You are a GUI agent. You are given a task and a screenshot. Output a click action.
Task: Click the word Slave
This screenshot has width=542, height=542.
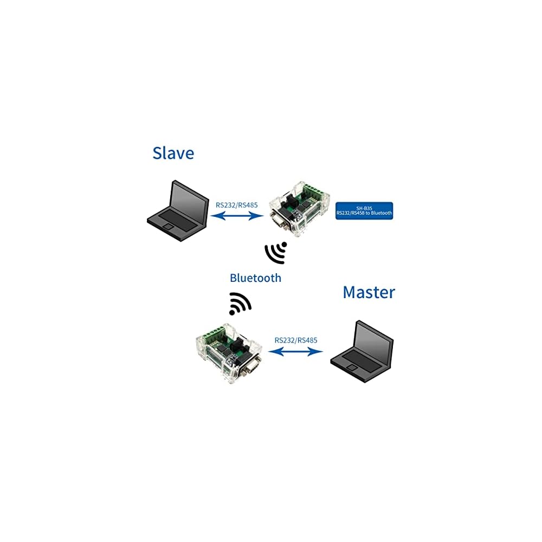pos(173,153)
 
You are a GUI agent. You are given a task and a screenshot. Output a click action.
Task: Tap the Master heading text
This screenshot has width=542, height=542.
pos(369,293)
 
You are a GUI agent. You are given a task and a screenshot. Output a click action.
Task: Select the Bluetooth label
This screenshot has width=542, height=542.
pos(255,278)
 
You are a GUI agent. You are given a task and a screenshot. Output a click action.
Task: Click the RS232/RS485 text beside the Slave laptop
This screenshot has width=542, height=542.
pos(236,205)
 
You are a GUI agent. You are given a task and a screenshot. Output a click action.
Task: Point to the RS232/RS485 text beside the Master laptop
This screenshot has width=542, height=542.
pos(295,340)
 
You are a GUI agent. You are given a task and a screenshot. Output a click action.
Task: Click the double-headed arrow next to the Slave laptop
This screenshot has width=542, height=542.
pos(237,216)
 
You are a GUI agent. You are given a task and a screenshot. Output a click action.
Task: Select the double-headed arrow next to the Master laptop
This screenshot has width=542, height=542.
pos(295,352)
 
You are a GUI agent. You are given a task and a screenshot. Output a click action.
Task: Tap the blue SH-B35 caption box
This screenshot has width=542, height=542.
pos(364,211)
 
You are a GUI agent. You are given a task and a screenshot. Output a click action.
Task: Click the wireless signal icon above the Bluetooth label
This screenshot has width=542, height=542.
pos(276,253)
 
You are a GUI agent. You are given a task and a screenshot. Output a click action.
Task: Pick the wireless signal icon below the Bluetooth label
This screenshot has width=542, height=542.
pos(240,304)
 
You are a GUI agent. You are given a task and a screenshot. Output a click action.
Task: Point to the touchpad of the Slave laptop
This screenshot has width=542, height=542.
pos(169,227)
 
